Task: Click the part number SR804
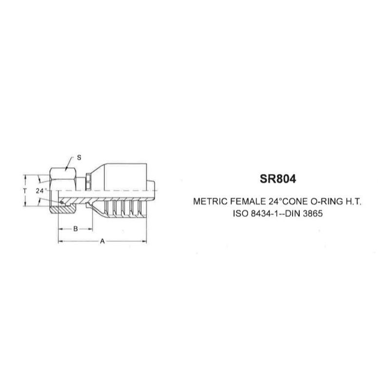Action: pos(278,178)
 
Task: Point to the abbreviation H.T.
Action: pos(353,201)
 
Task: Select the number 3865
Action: pos(312,214)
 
